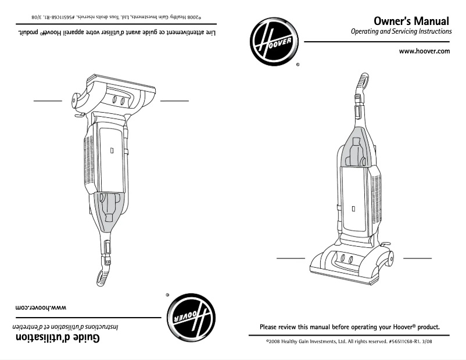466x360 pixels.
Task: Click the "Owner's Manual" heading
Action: (412, 21)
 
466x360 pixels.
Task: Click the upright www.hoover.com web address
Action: (425, 51)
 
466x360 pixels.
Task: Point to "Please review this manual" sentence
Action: (349, 327)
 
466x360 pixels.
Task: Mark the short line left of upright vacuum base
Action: (290, 257)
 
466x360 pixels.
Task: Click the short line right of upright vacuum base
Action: (417, 257)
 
